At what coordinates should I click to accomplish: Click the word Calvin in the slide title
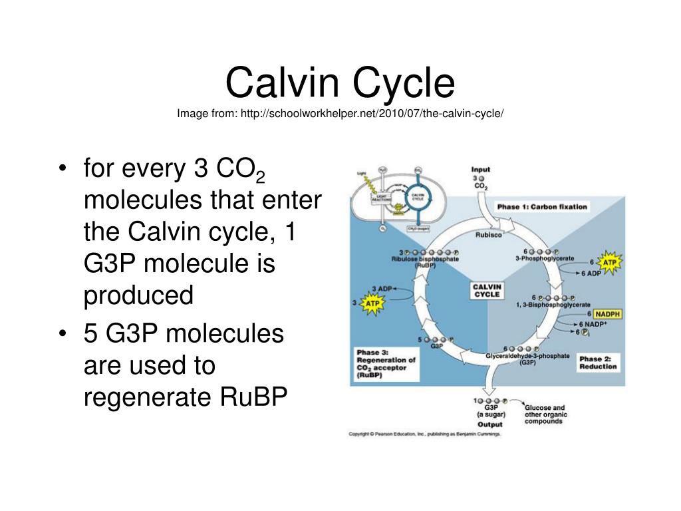coord(282,85)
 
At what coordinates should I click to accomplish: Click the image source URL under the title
coord(340,113)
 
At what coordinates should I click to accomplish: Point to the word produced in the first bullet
coord(138,296)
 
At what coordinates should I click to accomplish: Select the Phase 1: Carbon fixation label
coord(542,206)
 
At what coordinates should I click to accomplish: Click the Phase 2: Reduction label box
coord(598,363)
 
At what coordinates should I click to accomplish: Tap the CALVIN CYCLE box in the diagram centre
coord(487,289)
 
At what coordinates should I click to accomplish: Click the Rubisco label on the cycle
coord(488,234)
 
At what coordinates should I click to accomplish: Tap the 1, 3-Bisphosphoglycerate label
coord(547,305)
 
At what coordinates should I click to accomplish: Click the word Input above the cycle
coord(480,170)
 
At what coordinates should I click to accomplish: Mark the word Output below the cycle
coord(490,424)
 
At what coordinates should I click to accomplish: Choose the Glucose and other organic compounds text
coord(545,415)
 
